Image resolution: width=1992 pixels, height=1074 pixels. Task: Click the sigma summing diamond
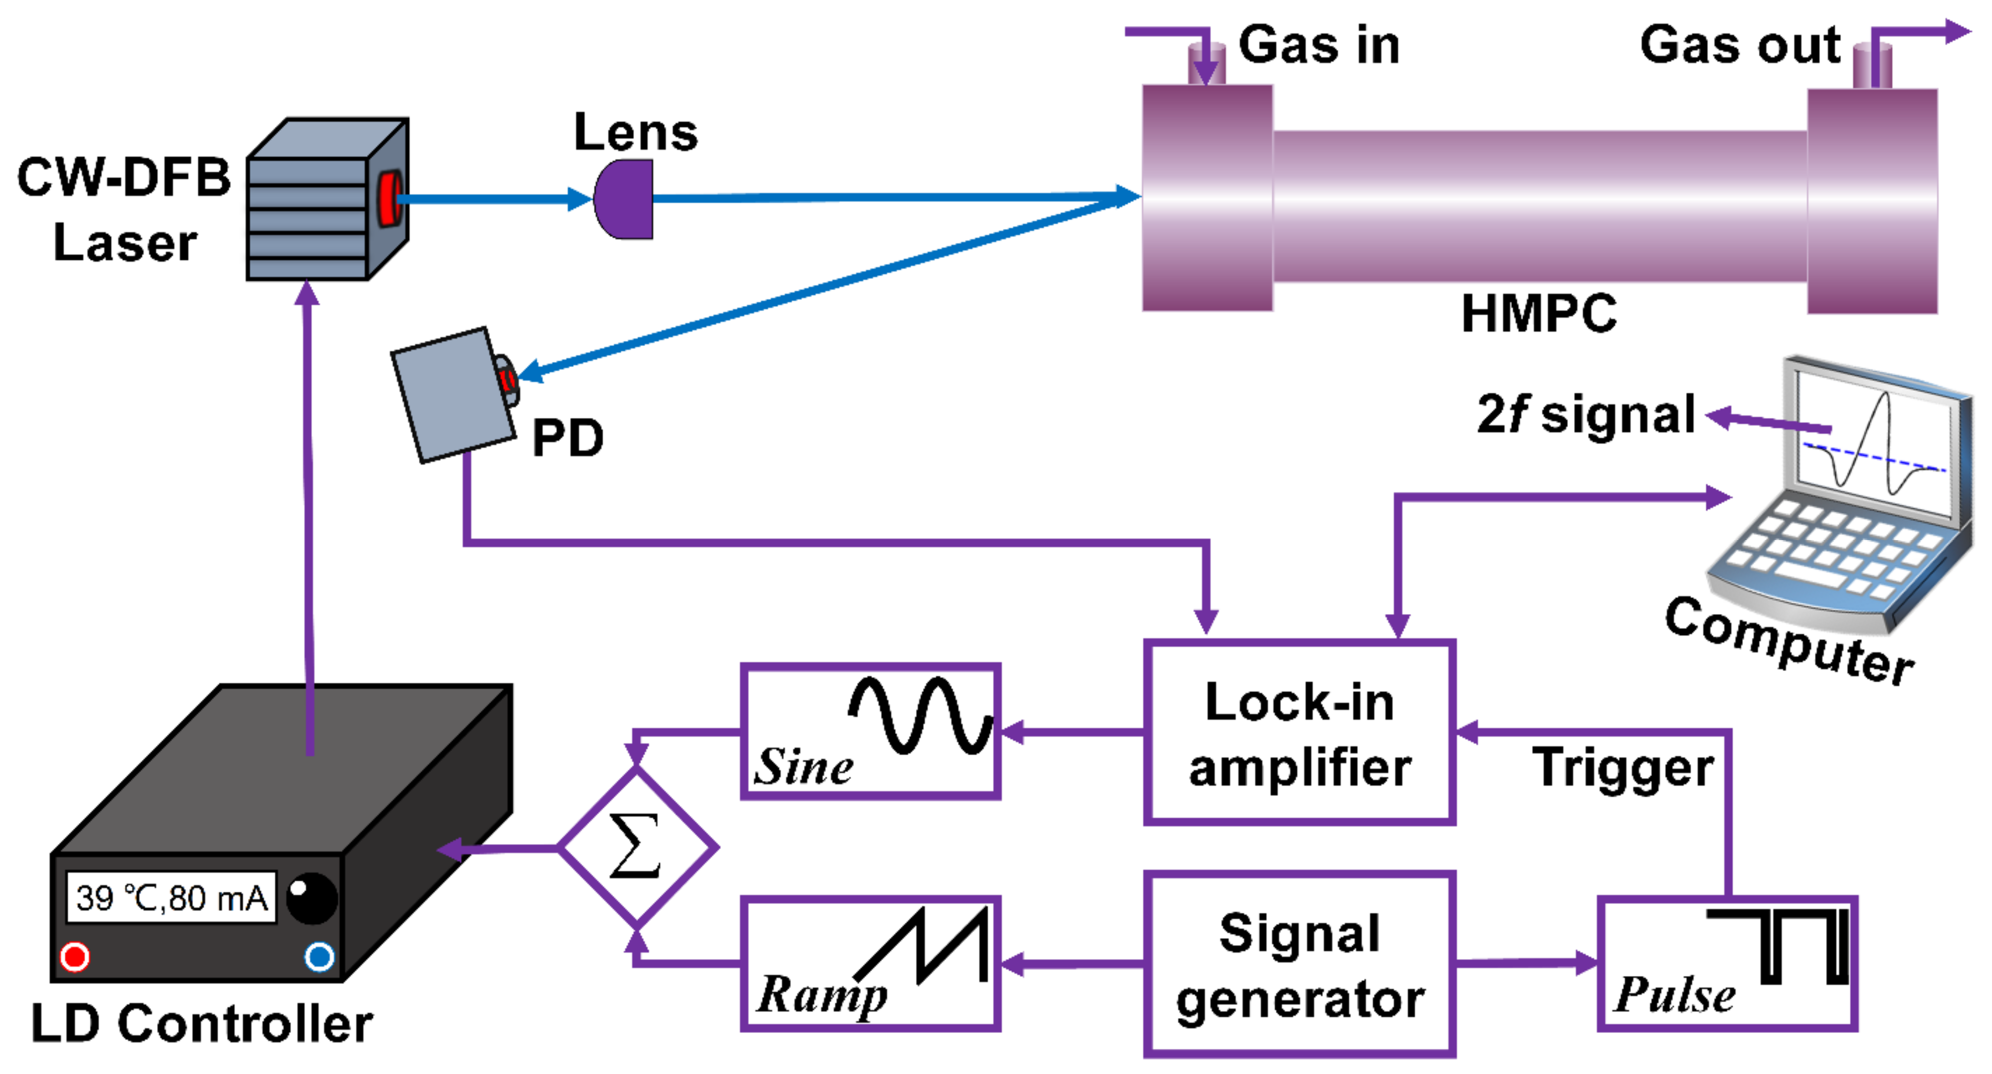[x=637, y=848]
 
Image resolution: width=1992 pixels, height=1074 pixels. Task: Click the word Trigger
[x=1622, y=768]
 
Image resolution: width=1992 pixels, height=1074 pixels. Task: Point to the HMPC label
[x=1538, y=313]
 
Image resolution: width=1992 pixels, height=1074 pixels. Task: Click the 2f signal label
[x=1585, y=415]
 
